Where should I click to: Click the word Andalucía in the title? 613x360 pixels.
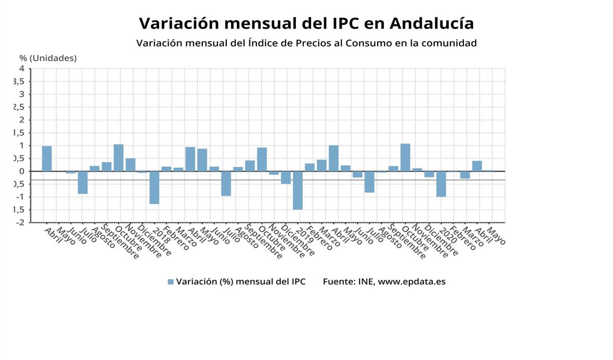431,23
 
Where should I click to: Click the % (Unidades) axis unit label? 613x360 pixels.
48,58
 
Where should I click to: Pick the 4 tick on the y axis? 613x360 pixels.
22,68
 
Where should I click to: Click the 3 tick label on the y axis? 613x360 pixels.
22,94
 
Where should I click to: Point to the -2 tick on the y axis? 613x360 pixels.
20,223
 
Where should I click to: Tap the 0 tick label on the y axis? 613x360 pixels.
22,171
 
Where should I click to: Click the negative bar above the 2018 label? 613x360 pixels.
154,187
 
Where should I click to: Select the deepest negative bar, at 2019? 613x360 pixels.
297,190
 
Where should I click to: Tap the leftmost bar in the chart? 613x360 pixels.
47,158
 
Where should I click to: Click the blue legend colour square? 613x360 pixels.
171,282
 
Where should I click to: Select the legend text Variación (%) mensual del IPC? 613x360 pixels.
241,282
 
